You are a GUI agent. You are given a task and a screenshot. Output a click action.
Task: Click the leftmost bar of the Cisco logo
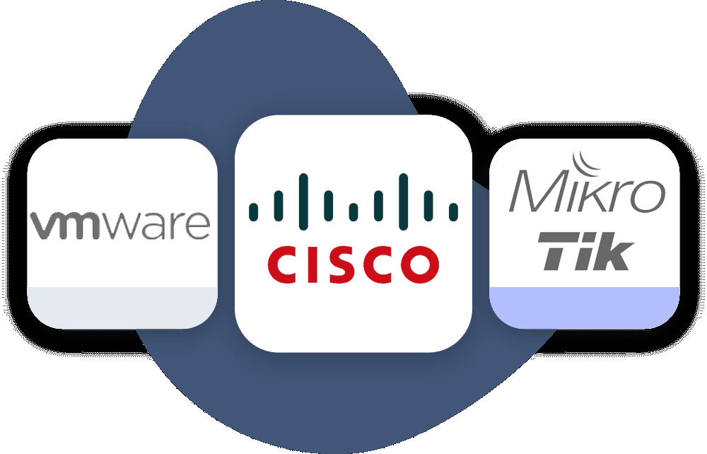(253, 210)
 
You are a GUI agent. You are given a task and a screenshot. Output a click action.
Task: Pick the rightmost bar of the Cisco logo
(454, 210)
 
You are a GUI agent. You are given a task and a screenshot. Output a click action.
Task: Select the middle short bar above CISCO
(353, 204)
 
